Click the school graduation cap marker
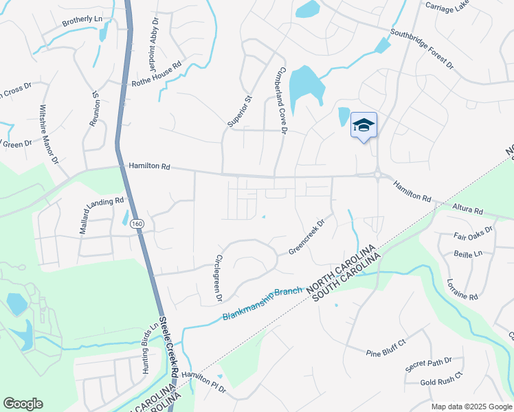[364, 126]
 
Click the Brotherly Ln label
[82, 21]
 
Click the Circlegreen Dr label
[219, 277]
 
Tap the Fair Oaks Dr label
[473, 235]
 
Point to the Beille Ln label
[469, 253]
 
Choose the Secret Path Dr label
[428, 364]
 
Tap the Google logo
[23, 404]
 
